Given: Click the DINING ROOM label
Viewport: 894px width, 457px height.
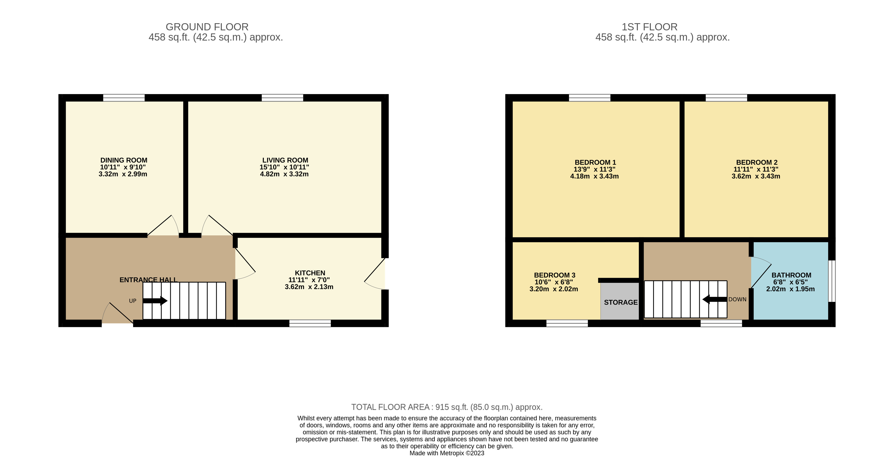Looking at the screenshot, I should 124,160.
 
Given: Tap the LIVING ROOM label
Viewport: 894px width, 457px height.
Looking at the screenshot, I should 285,160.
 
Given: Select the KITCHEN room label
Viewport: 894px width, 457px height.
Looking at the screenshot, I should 310,273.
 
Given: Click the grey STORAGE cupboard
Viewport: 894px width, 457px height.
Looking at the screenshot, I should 620,301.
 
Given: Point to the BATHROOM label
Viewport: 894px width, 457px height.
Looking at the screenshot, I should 791,275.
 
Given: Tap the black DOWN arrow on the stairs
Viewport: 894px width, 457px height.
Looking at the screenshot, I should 714,299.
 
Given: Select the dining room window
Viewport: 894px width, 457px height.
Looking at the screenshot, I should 124,98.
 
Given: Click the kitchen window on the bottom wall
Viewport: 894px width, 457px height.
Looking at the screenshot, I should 310,323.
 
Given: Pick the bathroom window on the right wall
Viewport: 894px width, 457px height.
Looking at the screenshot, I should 832,281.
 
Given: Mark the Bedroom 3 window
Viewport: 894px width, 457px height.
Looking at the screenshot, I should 567,323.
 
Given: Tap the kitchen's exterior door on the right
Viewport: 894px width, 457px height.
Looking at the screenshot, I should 377,274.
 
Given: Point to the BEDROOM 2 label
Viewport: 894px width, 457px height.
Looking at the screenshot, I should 757,162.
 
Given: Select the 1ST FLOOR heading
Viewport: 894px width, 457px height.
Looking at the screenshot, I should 649,27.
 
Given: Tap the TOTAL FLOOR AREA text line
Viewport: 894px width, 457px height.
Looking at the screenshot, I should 447,407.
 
